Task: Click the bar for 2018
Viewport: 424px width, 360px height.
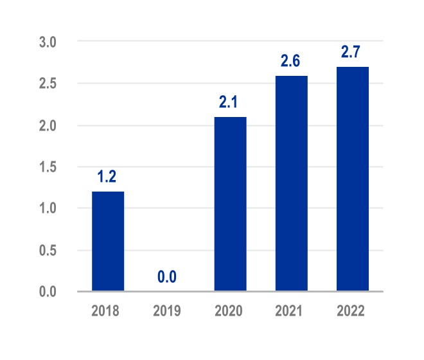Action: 108,241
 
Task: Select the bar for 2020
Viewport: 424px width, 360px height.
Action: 230,204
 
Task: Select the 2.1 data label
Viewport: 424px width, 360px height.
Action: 230,102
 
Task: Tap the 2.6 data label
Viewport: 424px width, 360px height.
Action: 291,61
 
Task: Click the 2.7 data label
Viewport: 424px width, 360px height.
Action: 352,52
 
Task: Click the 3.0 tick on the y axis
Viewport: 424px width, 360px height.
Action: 48,42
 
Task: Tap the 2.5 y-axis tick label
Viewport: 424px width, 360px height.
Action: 48,84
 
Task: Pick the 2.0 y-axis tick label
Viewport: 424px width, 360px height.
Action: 48,125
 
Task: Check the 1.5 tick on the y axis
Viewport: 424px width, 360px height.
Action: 48,167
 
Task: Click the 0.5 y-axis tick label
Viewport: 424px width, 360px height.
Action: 48,250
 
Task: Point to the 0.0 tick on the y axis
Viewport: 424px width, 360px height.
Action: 48,292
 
